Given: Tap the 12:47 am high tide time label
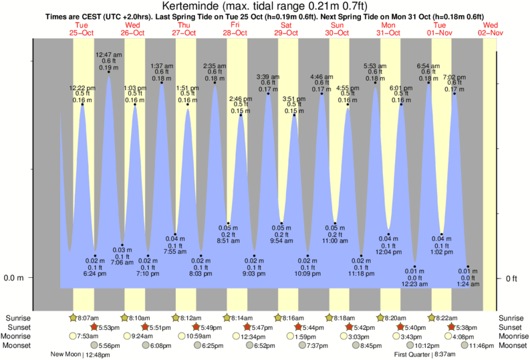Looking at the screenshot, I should tap(109, 54).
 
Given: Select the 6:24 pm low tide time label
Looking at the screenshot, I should tap(96, 274).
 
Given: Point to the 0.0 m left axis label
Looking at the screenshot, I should tap(15, 278).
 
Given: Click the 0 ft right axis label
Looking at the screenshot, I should tap(511, 278).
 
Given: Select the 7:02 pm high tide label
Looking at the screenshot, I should tap(454, 77).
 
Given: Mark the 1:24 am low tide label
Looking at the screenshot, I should tap(468, 285).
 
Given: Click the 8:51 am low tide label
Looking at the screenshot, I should tap(229, 240).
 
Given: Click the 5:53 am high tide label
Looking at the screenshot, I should tap(375, 66).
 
